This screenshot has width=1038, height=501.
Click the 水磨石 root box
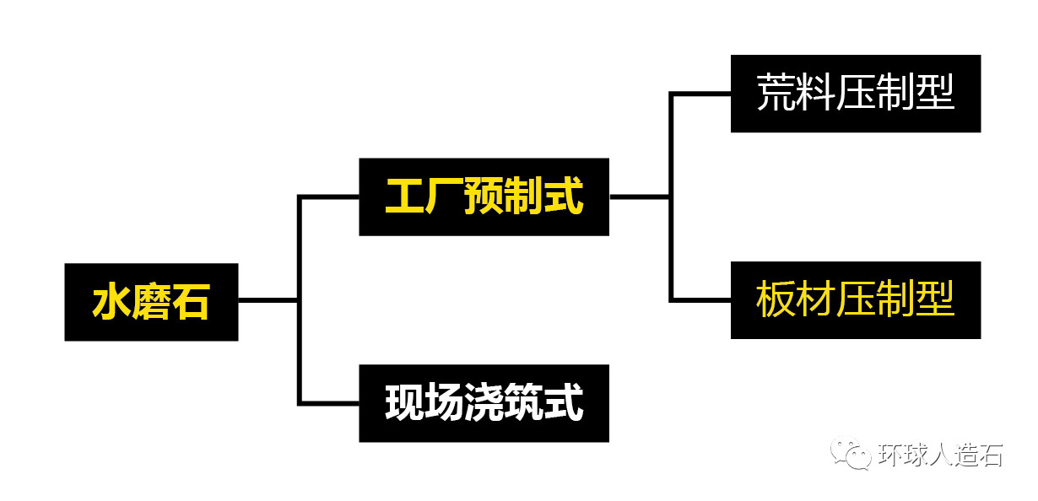click(x=151, y=302)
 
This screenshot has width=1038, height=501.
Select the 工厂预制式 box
click(x=484, y=197)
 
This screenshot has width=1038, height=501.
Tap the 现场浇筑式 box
click(x=484, y=403)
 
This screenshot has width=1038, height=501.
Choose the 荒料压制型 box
click(x=855, y=93)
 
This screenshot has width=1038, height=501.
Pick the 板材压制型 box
click(x=855, y=300)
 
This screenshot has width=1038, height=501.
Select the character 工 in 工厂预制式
click(x=404, y=197)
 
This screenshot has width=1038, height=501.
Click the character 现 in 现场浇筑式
click(x=404, y=403)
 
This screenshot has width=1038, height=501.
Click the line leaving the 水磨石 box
click(x=268, y=299)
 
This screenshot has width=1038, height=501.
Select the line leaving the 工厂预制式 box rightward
click(x=640, y=197)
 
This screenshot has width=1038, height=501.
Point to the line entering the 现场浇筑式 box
click(x=329, y=403)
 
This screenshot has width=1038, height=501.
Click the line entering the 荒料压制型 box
click(x=700, y=93)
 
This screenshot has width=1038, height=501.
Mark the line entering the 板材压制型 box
click(x=700, y=300)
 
